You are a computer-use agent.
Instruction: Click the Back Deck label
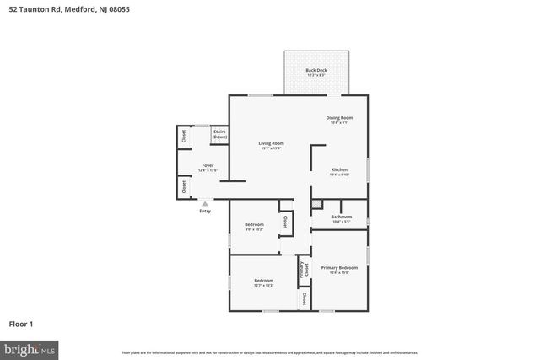click(316, 70)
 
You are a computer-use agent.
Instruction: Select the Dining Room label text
click(339, 118)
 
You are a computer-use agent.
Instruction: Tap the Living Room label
click(271, 143)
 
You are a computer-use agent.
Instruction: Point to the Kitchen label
click(339, 169)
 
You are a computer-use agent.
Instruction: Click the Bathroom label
click(341, 217)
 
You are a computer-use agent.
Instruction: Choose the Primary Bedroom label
click(339, 268)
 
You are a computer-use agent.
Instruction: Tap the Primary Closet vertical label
click(301, 269)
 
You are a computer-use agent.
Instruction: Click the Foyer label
click(208, 165)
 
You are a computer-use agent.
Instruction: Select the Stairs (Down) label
click(219, 134)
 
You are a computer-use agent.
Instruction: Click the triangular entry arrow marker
click(204, 202)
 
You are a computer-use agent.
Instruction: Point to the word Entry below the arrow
click(205, 211)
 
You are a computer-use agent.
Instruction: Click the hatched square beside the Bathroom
click(316, 204)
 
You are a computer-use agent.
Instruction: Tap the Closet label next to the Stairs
click(184, 136)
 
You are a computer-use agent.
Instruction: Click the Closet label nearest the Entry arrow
click(184, 186)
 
